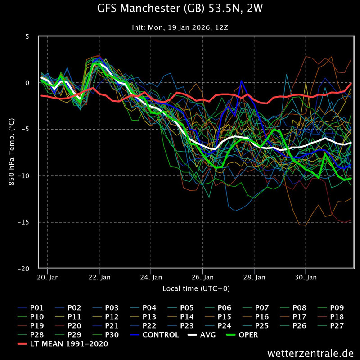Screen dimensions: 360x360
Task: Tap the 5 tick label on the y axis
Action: (27, 36)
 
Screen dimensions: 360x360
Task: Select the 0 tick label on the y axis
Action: (27, 83)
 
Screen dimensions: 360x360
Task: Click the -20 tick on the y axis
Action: (25, 269)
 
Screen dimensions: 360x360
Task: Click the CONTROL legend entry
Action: (160, 335)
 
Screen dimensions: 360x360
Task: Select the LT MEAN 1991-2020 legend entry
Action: (63, 344)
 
